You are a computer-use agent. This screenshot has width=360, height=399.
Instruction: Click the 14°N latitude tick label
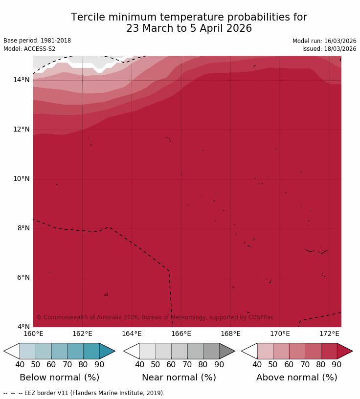click(21, 80)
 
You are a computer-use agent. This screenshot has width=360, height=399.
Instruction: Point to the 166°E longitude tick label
click(181, 334)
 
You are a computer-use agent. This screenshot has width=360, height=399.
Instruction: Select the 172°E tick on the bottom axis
click(329, 334)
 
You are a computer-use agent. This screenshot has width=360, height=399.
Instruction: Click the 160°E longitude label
click(33, 334)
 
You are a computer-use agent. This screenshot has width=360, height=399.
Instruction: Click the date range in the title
click(189, 29)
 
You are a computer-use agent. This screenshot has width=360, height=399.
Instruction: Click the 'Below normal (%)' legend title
click(59, 377)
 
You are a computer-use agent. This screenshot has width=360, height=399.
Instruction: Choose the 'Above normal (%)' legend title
click(296, 377)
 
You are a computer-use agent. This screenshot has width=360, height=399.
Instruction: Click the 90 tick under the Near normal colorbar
click(219, 364)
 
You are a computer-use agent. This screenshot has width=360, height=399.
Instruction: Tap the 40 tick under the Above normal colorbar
click(257, 364)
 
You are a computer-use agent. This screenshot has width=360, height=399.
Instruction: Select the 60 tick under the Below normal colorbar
click(51, 364)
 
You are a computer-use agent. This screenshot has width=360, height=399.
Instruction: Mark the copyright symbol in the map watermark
click(39, 317)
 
